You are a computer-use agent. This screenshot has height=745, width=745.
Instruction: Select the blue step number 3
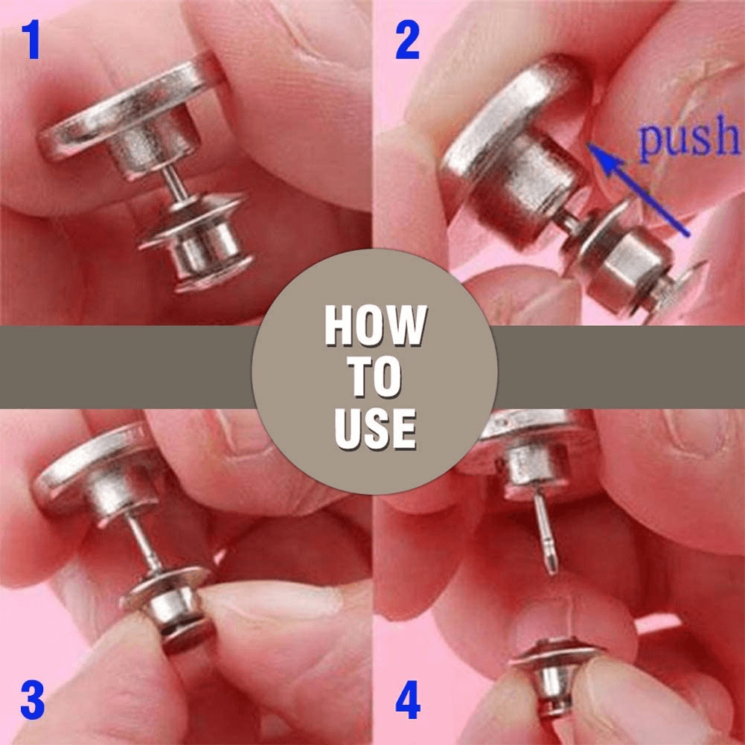coord(31,702)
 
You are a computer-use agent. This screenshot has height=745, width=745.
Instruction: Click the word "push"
coord(687,140)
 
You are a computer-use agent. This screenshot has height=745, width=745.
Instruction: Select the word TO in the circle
coord(374,377)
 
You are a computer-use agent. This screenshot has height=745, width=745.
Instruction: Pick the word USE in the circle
coord(374,429)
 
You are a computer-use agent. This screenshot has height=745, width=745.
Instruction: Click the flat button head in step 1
coord(127,108)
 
